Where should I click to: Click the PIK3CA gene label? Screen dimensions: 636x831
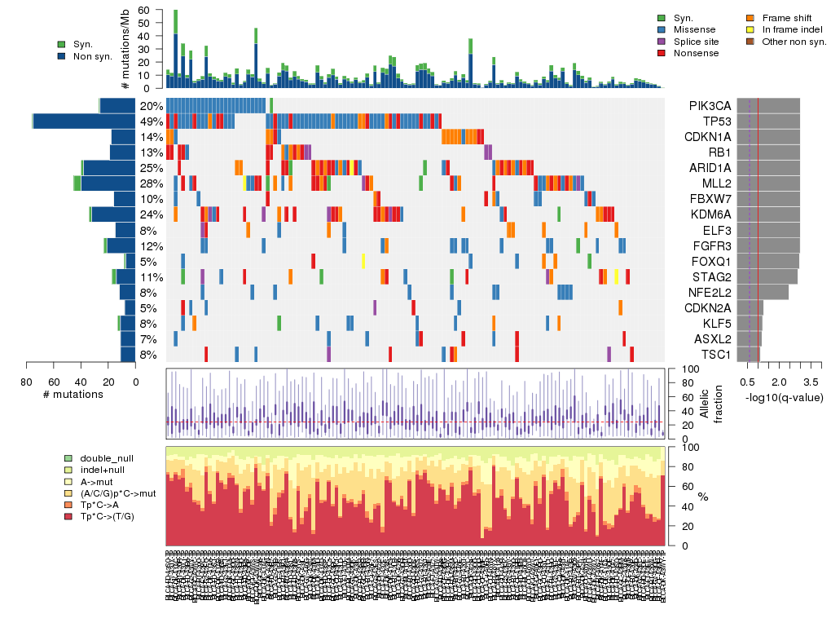[x=710, y=106]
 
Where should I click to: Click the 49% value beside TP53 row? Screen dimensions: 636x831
[x=151, y=121]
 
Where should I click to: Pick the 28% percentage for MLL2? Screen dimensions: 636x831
[x=151, y=183]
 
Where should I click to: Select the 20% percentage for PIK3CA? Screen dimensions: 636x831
[x=151, y=106]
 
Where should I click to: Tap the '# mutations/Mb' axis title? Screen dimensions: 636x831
[x=125, y=50]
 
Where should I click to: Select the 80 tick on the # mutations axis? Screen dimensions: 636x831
[x=27, y=380]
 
